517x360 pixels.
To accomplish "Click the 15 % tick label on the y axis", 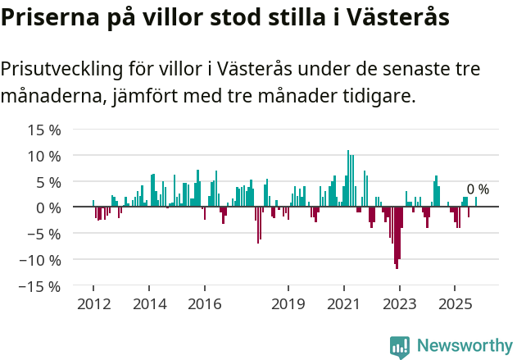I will pyautogui.click(x=44, y=130).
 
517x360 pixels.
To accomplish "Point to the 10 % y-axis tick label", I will pyautogui.click(x=44, y=156).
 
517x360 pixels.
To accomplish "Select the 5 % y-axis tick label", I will pyautogui.click(x=48, y=182).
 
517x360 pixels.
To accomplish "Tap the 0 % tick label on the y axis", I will pyautogui.click(x=48, y=207).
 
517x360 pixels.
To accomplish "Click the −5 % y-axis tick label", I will pyautogui.click(x=44, y=234).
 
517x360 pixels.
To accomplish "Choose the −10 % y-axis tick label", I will pyautogui.click(x=41, y=260).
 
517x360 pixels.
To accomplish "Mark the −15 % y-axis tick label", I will pyautogui.click(x=41, y=286).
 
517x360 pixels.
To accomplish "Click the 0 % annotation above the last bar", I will pyautogui.click(x=478, y=189).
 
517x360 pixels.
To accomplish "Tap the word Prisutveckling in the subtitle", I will pyautogui.click(x=67, y=70).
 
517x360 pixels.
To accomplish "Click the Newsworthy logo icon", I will pyautogui.click(x=400, y=346).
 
